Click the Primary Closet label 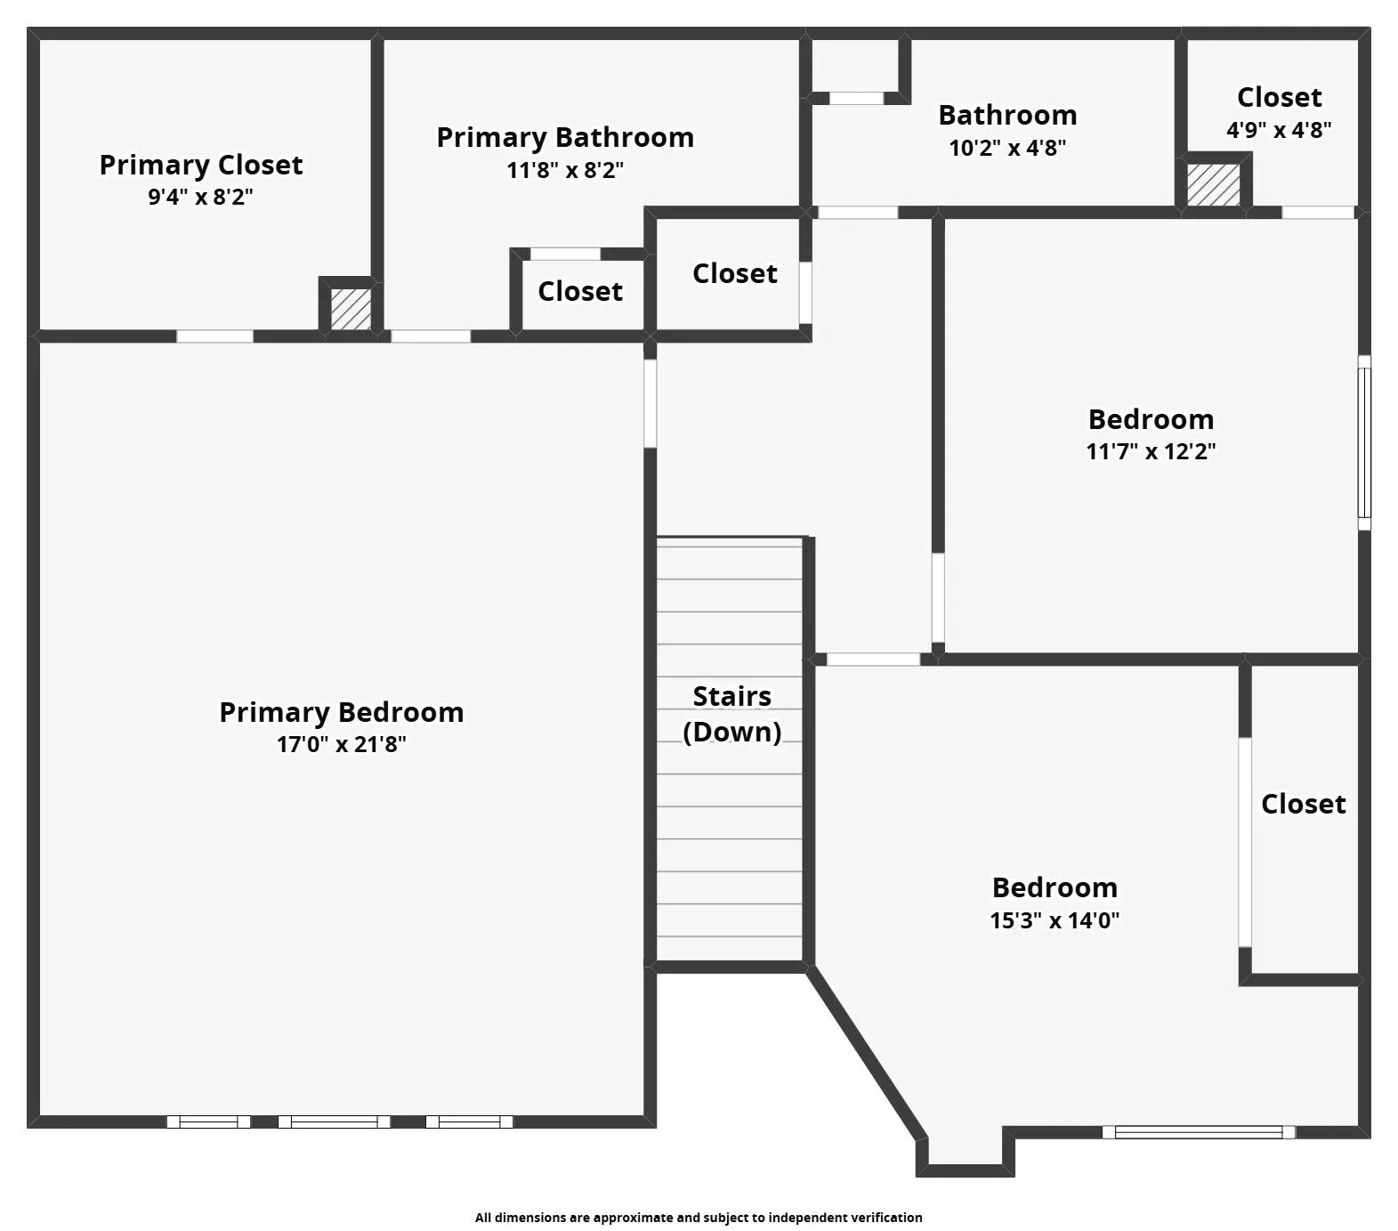[201, 165]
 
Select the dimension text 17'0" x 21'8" [342, 744]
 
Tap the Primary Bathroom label [565, 137]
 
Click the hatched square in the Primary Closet [351, 308]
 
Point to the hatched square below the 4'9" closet [1214, 184]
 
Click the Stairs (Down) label [731, 714]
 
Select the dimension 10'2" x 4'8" [1007, 148]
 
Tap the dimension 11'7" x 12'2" [1151, 451]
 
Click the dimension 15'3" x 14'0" [1055, 920]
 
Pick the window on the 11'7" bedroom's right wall [1363, 442]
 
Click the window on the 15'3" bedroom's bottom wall [1199, 1132]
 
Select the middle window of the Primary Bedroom [334, 1122]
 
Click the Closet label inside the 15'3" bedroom [1303, 804]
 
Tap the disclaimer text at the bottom [699, 1218]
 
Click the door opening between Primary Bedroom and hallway [650, 403]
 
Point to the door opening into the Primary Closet [214, 336]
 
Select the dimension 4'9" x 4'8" [1279, 130]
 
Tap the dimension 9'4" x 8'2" [201, 197]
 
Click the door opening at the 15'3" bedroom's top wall [873, 660]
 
